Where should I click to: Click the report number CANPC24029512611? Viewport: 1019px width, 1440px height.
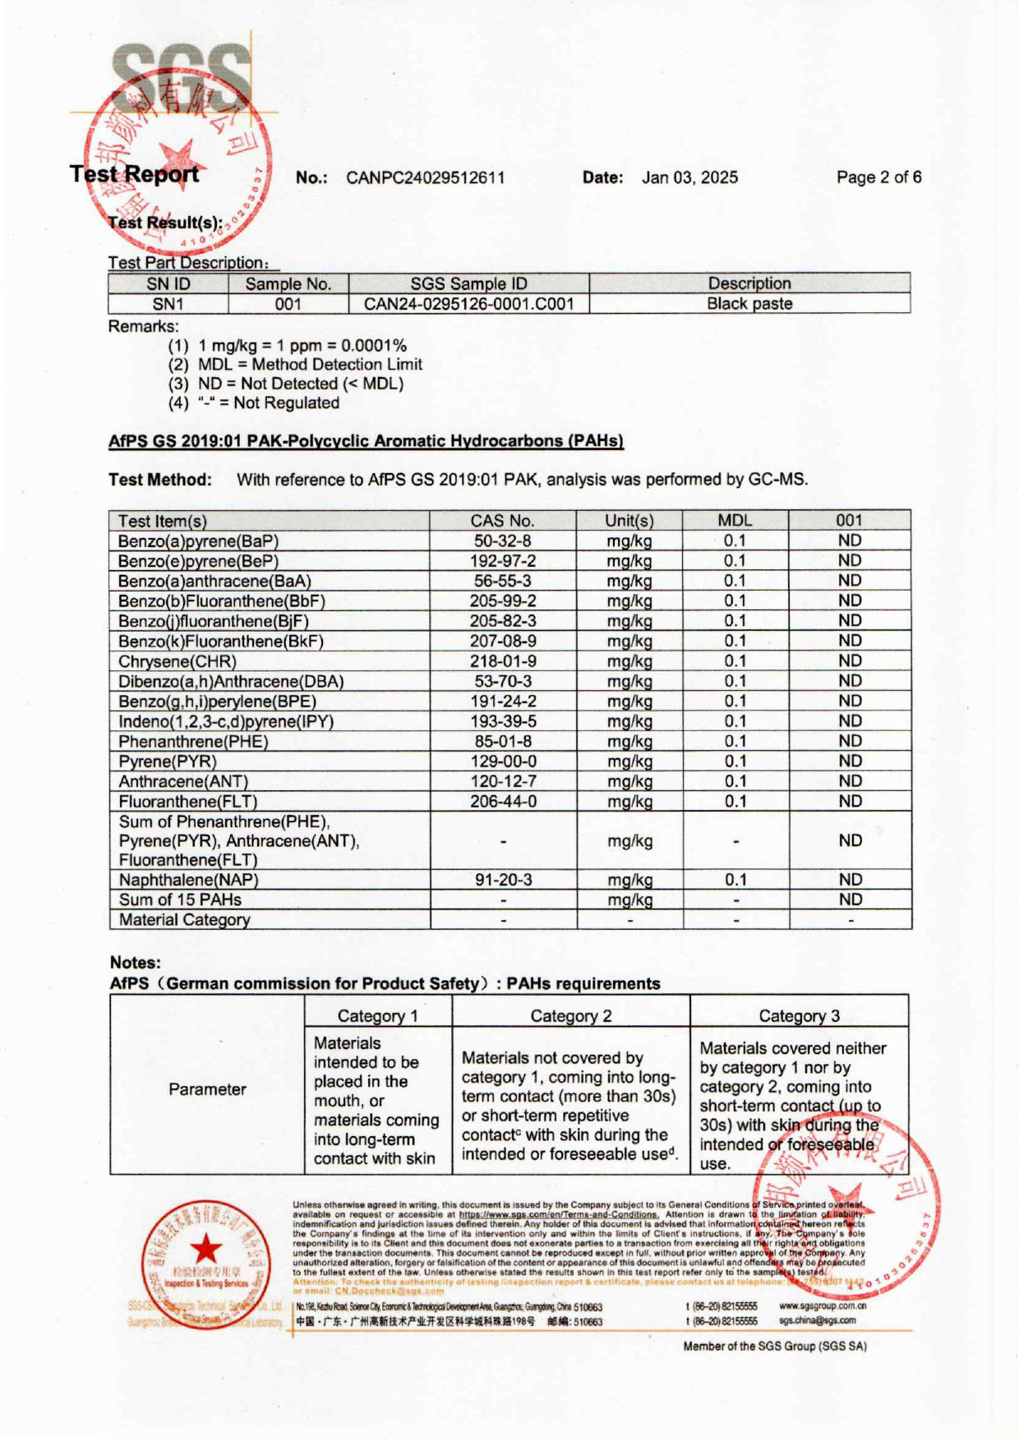(425, 177)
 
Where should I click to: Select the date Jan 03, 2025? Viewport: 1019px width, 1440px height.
(689, 177)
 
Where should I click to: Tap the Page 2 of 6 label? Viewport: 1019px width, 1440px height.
(878, 177)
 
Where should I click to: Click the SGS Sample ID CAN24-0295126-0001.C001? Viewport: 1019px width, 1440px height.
(468, 304)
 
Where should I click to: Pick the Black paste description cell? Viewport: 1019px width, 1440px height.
(749, 304)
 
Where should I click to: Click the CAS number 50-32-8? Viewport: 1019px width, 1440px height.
(502, 541)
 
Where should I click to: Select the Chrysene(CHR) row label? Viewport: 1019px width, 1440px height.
(178, 661)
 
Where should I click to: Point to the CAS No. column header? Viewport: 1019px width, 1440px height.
(502, 521)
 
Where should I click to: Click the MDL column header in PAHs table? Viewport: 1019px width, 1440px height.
(735, 521)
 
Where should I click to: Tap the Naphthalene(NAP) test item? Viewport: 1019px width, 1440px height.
(188, 880)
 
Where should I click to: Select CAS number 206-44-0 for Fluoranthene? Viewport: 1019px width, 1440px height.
(503, 802)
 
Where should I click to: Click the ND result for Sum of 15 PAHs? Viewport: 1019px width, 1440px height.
(850, 900)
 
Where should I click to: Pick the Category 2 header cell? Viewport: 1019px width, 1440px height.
(570, 1016)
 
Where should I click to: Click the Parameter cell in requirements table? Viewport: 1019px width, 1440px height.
(207, 1089)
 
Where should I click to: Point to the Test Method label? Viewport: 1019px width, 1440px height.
(159, 480)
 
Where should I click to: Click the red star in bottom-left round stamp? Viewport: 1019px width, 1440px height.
(206, 1250)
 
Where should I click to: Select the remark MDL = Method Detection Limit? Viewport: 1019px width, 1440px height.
(310, 365)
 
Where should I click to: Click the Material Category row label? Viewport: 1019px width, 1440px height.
(184, 920)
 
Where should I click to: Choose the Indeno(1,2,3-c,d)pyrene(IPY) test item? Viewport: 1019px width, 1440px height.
(226, 722)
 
